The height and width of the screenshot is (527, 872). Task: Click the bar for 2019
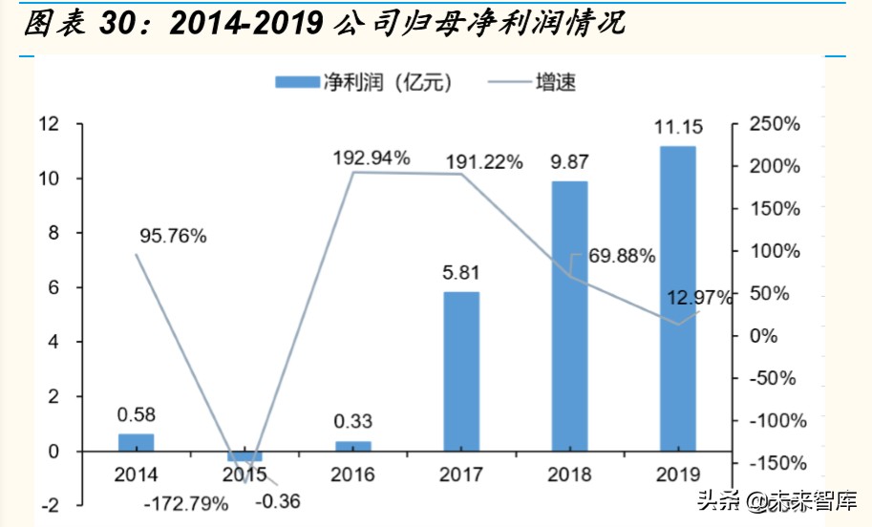tap(677, 298)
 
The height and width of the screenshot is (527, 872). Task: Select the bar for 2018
tap(570, 315)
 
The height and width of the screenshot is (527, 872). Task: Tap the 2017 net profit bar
tap(461, 370)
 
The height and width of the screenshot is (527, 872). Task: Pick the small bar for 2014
tap(136, 442)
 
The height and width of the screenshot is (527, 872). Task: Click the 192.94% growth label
tap(372, 157)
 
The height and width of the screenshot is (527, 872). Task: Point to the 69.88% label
tap(617, 256)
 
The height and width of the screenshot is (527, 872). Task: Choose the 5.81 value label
tap(460, 275)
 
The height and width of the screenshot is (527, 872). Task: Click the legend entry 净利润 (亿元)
tap(363, 82)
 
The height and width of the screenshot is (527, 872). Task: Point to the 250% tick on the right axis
tap(774, 124)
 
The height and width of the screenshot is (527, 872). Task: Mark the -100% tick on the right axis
tap(776, 421)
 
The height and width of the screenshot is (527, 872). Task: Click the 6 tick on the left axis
tap(53, 287)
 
